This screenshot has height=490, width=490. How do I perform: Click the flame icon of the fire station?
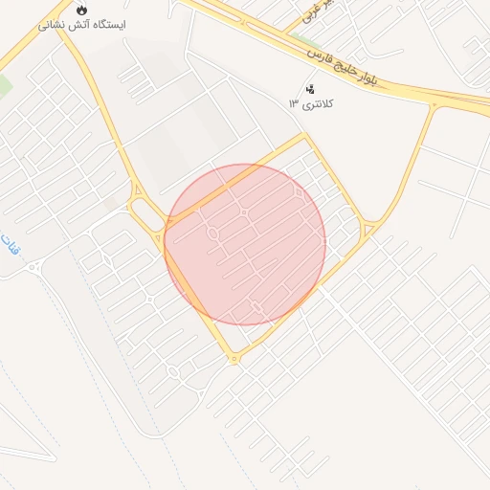pos(82,9)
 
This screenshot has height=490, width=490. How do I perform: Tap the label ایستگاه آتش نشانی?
pos(82,24)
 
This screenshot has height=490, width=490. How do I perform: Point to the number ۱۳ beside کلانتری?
pos(294,103)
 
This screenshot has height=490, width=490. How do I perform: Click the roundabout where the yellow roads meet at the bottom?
pos(234,359)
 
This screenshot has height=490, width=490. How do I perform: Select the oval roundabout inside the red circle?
pos(212,234)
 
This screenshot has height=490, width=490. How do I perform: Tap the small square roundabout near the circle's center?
pos(245,212)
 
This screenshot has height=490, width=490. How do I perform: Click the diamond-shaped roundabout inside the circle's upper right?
pos(299,192)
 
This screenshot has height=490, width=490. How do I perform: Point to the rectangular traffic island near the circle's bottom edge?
pos(256,306)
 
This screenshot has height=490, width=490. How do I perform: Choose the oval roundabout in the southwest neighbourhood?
pos(172,371)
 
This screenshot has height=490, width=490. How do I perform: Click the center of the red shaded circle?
pos(245,244)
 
